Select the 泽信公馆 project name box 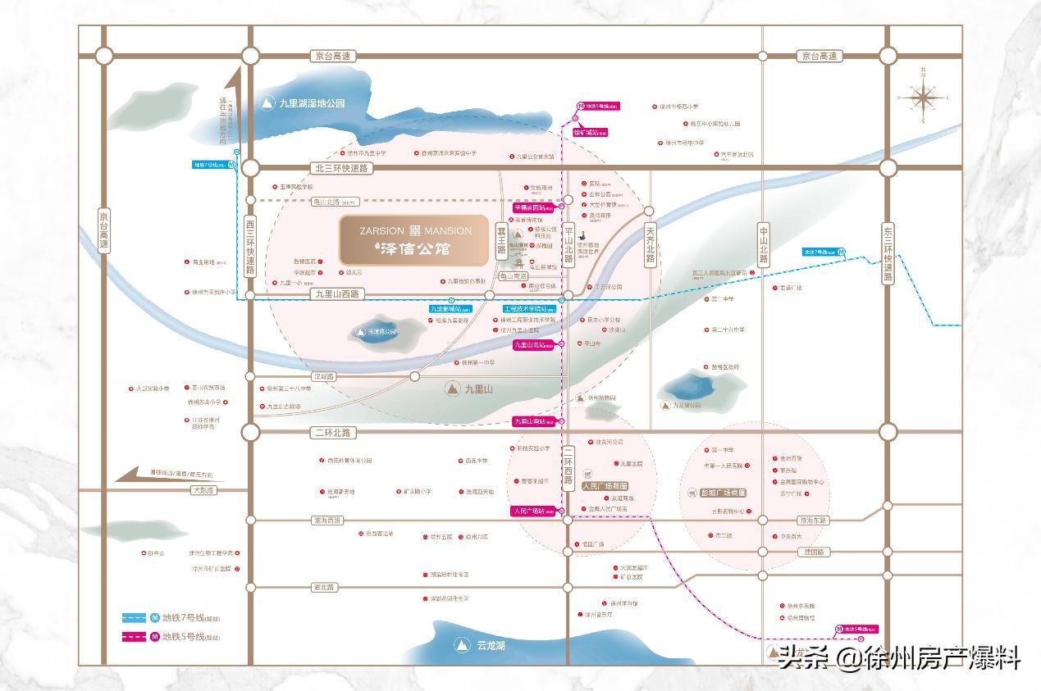[x=415, y=240]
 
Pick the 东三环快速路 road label [x=887, y=252]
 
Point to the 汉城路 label [x=324, y=376]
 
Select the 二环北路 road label [x=331, y=432]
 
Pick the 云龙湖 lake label [x=491, y=646]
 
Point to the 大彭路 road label [x=201, y=490]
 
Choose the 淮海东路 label [x=813, y=521]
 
